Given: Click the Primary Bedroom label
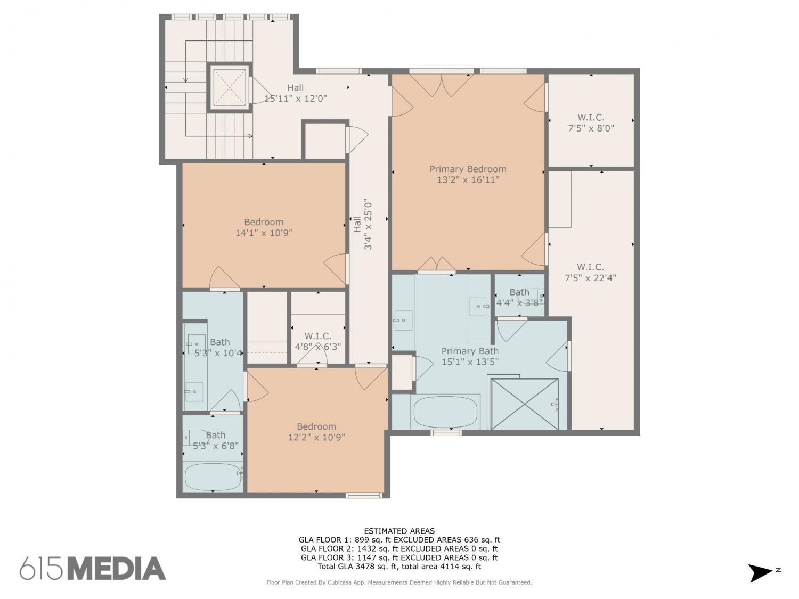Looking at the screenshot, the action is tap(468, 169).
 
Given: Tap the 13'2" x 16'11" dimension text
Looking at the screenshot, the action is tap(468, 179).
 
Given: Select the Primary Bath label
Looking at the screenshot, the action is tap(470, 351).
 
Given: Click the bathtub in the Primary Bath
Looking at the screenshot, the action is tap(445, 412).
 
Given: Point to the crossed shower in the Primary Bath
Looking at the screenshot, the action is tap(525, 404).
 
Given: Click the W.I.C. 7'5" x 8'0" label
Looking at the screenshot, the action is tap(591, 123).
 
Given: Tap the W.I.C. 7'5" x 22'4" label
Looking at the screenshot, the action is tap(590, 273).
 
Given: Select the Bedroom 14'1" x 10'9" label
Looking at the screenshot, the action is tap(264, 227).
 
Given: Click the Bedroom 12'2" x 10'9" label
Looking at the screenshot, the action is tap(316, 432).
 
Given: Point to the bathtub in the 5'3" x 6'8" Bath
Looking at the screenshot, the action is tap(213, 477).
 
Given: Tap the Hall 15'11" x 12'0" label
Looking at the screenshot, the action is tap(295, 93).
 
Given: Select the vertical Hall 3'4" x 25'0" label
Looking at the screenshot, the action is tap(363, 224).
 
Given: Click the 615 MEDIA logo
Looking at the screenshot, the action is tap(93, 568).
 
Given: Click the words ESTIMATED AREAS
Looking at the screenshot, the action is tap(399, 531).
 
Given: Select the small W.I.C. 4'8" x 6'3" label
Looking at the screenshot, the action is tap(318, 341).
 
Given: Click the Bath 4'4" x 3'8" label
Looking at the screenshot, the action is tap(519, 298).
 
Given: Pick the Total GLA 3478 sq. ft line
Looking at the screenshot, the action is tap(399, 567).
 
